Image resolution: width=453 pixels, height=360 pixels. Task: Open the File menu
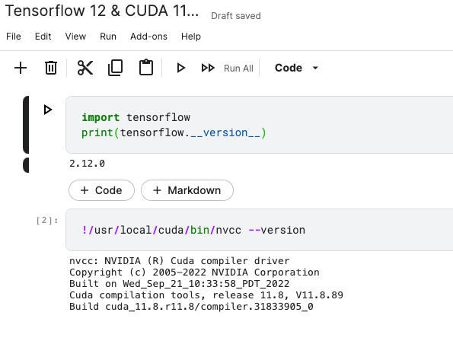tap(14, 37)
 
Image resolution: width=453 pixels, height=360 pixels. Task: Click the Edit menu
tap(43, 37)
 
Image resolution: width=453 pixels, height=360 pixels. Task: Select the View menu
tap(75, 37)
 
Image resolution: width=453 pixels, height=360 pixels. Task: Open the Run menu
tap(108, 37)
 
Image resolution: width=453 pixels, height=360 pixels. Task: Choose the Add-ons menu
tap(148, 37)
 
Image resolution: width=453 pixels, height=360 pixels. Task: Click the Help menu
tap(191, 37)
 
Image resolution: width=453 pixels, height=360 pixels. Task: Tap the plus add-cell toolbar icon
tap(21, 68)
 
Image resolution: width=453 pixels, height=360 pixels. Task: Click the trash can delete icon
tap(51, 68)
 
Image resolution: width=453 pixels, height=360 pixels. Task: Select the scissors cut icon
tap(85, 68)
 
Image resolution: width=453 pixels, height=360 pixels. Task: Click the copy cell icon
tap(115, 68)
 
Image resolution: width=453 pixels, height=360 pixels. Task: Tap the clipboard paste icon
tap(146, 67)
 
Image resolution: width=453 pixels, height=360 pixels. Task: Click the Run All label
tap(238, 68)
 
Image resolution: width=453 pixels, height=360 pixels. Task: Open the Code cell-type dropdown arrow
tap(315, 68)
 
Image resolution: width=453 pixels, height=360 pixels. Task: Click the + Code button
tap(101, 190)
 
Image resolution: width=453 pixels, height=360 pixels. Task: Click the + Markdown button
tap(187, 190)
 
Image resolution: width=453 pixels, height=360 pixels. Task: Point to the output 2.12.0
tap(87, 164)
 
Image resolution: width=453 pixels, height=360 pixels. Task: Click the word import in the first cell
tap(100, 117)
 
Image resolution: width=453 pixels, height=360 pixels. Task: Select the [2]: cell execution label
tap(47, 221)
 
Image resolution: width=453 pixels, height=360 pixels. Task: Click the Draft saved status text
tap(236, 16)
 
